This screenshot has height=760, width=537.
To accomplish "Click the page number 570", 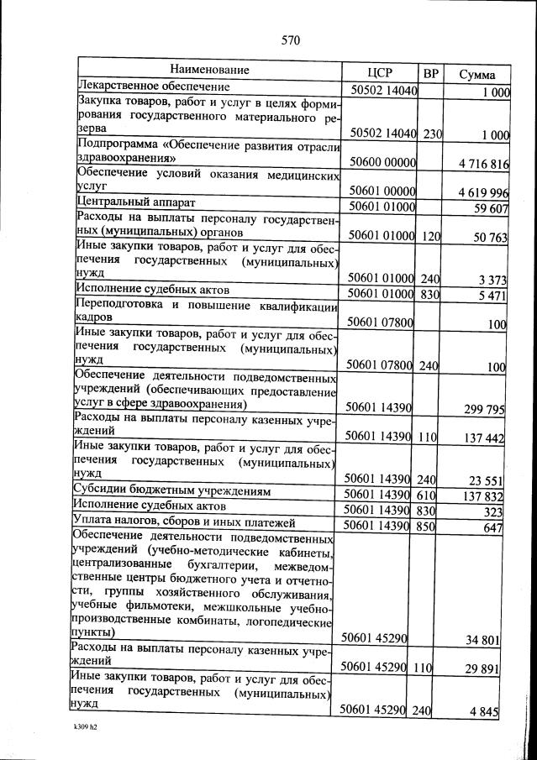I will (x=291, y=40).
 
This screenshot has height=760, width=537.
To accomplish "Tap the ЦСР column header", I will (x=381, y=71).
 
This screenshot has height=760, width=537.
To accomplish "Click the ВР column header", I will (x=431, y=72).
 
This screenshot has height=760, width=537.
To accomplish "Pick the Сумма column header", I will (x=476, y=74).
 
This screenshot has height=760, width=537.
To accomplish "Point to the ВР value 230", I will (x=433, y=134).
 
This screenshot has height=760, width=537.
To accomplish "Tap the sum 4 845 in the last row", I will (x=485, y=712).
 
